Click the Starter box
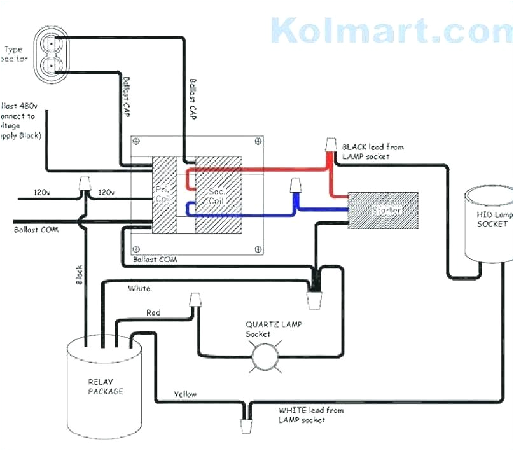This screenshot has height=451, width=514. [x=382, y=210]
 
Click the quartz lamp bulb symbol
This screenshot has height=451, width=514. [x=263, y=354]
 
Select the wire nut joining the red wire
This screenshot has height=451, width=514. [x=331, y=146]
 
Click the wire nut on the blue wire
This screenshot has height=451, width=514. [x=295, y=186]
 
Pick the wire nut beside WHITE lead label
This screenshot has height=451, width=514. [x=246, y=424]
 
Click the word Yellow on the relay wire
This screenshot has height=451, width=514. [x=185, y=394]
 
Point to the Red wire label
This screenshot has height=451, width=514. [x=153, y=312]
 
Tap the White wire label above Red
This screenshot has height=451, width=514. [x=139, y=288]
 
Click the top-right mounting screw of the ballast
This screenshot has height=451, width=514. [x=257, y=142]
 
